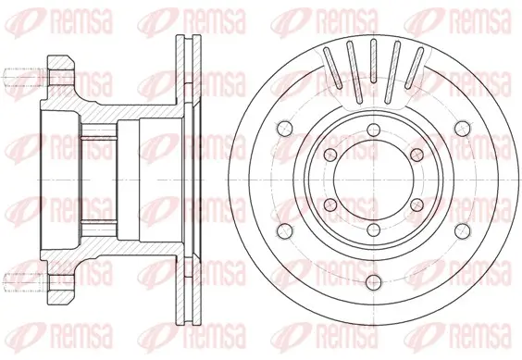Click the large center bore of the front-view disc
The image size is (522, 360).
(x=374, y=180)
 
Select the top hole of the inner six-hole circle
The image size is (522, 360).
(x=374, y=130)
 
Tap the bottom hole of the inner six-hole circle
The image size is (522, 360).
(x=374, y=230)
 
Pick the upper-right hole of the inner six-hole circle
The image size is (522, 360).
(x=417, y=155)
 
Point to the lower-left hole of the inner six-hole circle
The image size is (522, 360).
(x=331, y=205)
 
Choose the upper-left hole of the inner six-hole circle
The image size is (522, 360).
(x=331, y=155)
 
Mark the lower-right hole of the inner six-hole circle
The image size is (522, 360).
(x=417, y=205)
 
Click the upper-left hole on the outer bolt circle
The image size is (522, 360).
(x=285, y=129)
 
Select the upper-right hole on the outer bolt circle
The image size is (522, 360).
(x=463, y=129)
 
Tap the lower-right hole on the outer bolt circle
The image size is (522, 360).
(x=463, y=231)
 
